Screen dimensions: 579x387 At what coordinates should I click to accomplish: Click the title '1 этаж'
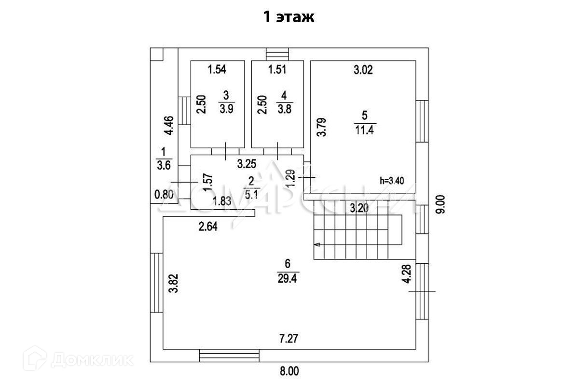289,17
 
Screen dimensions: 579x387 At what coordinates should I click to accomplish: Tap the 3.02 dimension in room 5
364,71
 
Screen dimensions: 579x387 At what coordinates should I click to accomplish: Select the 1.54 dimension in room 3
217,70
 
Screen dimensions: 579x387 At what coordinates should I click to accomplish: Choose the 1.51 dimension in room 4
277,70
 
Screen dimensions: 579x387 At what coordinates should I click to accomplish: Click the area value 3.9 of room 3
226,109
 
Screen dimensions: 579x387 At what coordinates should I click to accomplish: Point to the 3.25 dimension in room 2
246,164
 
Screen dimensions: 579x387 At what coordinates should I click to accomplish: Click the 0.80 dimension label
163,195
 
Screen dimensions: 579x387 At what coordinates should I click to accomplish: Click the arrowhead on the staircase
317,245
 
